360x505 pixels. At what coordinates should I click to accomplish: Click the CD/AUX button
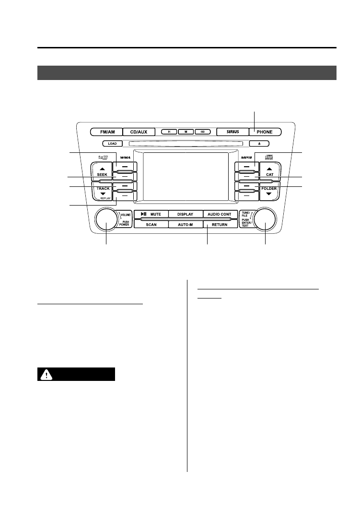click(x=139, y=131)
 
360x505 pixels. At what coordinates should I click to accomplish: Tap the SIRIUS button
click(x=232, y=131)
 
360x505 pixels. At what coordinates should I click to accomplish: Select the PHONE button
click(x=265, y=131)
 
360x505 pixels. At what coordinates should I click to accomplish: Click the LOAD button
click(x=112, y=143)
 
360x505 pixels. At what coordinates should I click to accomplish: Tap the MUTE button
click(x=151, y=214)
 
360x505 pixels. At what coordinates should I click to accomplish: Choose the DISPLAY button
click(x=185, y=214)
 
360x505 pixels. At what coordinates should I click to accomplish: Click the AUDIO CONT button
click(x=220, y=214)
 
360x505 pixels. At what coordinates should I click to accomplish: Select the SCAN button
click(x=151, y=224)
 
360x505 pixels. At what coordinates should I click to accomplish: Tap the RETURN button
click(x=220, y=224)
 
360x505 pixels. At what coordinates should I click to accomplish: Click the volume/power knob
click(x=106, y=219)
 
